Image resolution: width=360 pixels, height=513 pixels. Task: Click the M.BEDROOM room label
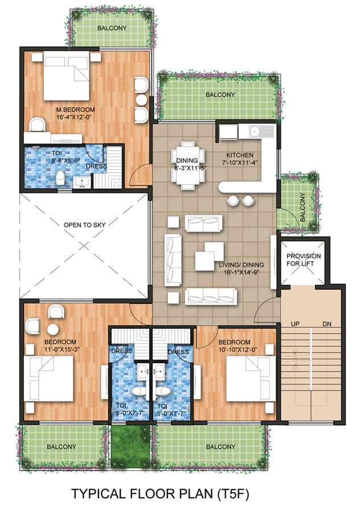click(x=75, y=109)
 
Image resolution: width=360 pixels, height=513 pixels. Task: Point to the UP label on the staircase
click(x=295, y=324)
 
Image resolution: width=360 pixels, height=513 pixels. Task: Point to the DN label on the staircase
click(x=326, y=324)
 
